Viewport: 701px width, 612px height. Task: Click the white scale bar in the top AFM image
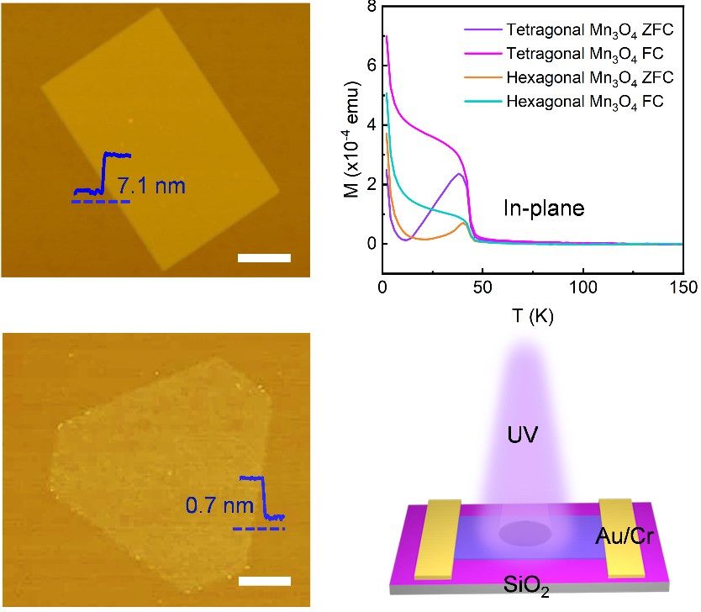coord(264,258)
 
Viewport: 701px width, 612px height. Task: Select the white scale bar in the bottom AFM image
coord(264,581)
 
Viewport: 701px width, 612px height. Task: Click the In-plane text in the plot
coord(543,208)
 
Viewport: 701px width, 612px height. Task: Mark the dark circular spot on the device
coord(525,534)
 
